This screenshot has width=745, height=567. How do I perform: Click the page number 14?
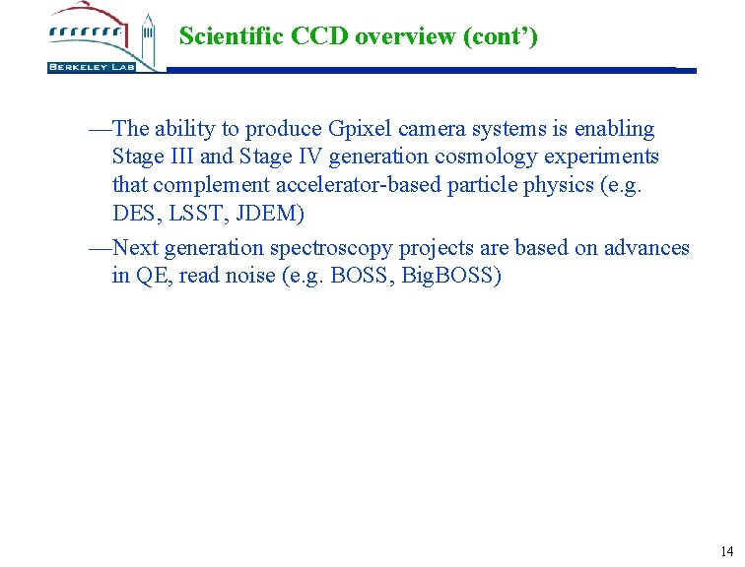pos(727,551)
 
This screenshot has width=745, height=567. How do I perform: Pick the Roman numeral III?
pos(179,157)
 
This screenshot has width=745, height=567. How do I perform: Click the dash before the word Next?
pos(101,248)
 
